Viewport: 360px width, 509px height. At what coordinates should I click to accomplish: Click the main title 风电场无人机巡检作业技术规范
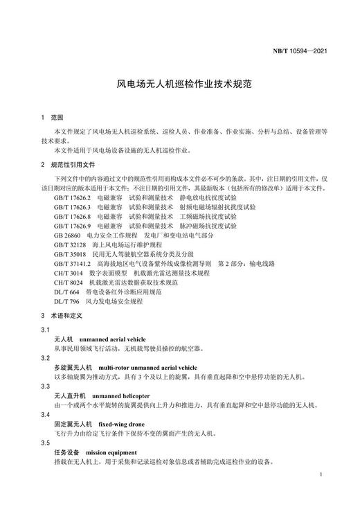[x=179, y=84]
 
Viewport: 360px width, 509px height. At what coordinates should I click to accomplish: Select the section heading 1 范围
[x=52, y=118]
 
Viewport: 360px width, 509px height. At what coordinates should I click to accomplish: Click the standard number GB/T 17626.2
[x=72, y=197]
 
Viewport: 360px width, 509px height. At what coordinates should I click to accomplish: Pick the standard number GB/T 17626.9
[x=72, y=226]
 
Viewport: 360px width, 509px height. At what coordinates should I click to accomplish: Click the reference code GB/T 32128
[x=69, y=245]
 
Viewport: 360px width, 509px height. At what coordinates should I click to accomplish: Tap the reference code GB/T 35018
[x=69, y=254]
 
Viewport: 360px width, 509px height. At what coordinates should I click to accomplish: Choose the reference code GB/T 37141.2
[x=72, y=264]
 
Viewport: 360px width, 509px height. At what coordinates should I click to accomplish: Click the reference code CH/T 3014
[x=68, y=274]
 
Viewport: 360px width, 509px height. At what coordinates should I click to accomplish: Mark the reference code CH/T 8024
[x=68, y=283]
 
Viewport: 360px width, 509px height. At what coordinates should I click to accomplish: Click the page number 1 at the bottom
[x=323, y=475]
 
